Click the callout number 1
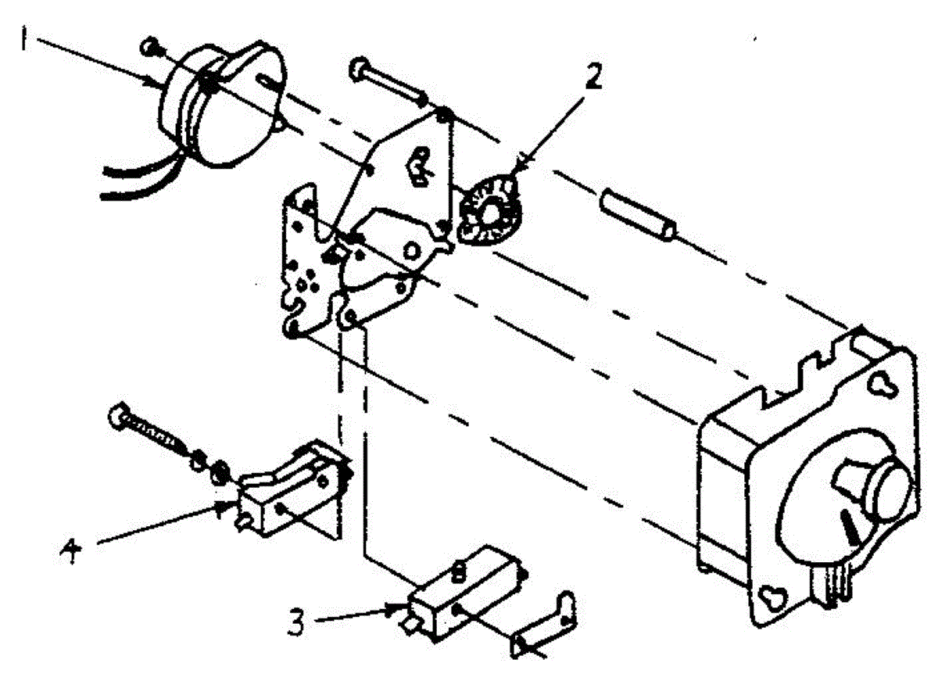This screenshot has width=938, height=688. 24,39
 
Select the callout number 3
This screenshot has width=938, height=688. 296,622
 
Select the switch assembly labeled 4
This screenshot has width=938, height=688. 293,490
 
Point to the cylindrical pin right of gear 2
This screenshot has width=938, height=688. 637,213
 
